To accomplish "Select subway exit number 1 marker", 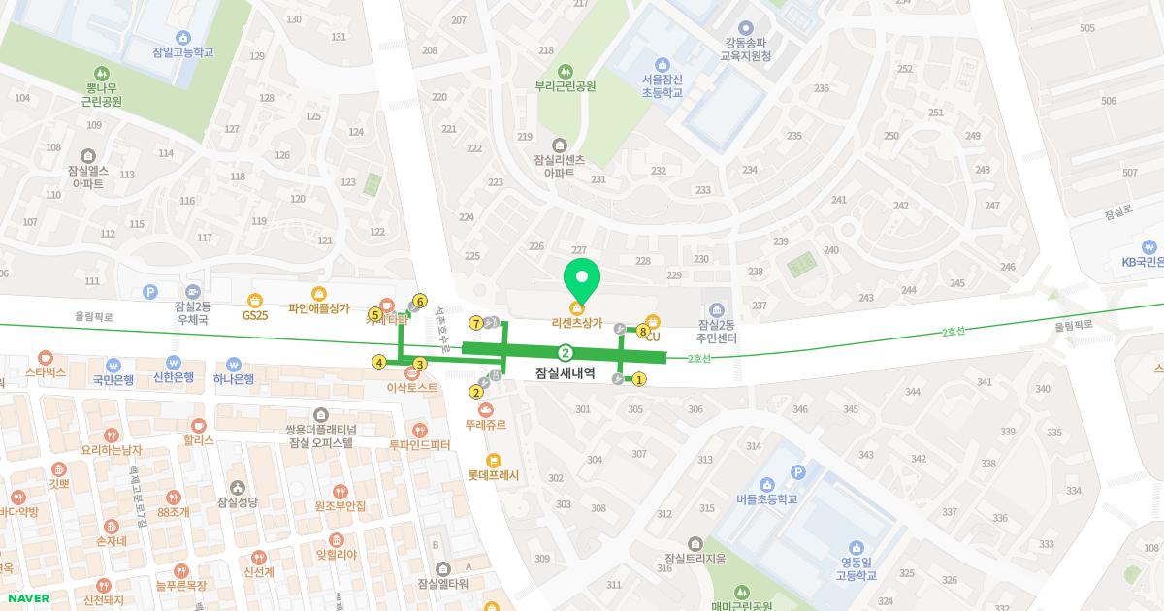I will click(639, 379).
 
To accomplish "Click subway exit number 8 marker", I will click(643, 332).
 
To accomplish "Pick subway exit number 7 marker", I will click(476, 322).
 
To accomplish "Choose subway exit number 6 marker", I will click(420, 301).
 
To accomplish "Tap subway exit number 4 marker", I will click(379, 363).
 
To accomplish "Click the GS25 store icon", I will click(255, 300).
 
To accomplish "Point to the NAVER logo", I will click(26, 598).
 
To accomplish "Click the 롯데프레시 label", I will click(493, 475).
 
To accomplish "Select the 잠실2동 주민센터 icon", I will click(718, 309).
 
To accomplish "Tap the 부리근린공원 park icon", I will click(565, 71).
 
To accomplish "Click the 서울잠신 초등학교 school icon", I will click(662, 64).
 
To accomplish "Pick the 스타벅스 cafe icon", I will click(45, 357).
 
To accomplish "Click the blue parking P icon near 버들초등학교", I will click(798, 472).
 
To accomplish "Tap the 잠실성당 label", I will click(238, 501).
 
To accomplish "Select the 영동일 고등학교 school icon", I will click(857, 547).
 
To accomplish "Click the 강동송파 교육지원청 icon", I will click(745, 28).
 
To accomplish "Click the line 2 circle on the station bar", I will click(565, 353).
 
